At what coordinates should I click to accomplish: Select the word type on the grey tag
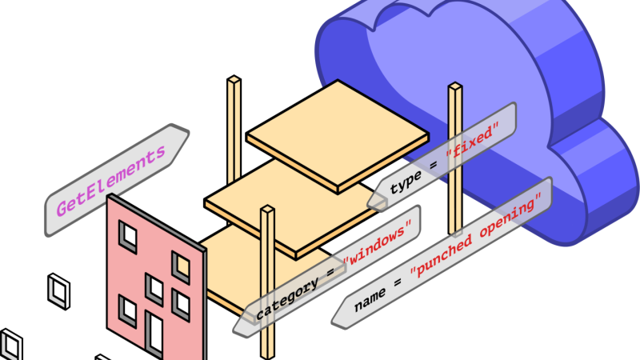pyautogui.click(x=406, y=183)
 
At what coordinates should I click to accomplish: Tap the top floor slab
pyautogui.click(x=337, y=140)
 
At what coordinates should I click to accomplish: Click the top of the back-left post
pyautogui.click(x=234, y=81)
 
